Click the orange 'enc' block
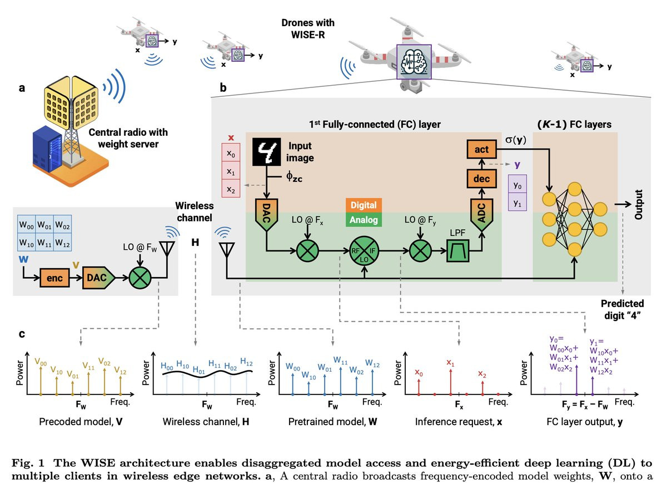(54, 278)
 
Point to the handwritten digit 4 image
(269, 152)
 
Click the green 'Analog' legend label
(364, 220)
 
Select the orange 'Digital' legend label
(364, 205)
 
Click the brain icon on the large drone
(414, 62)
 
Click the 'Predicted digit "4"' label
(623, 309)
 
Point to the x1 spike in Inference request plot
(450, 379)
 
